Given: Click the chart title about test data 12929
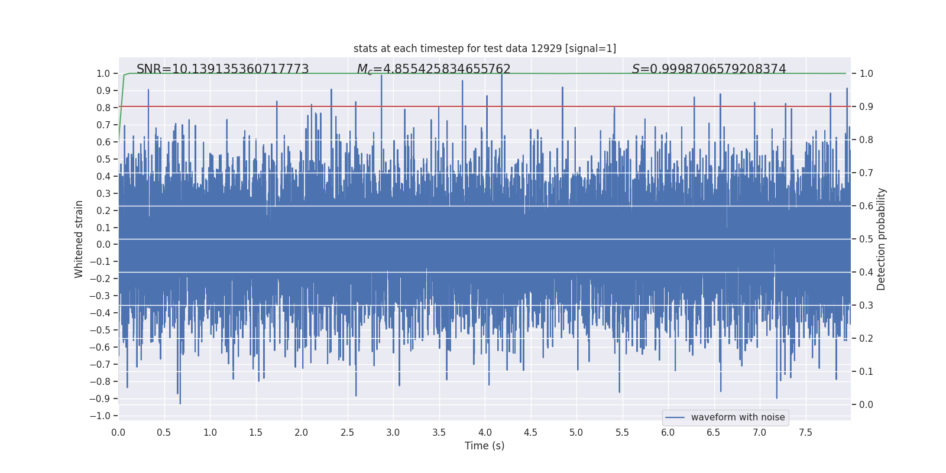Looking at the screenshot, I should pos(485,48).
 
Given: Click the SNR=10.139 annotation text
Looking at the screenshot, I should pos(222,69).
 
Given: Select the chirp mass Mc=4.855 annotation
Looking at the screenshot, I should pos(433,69).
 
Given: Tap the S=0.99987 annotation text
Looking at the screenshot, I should pos(709,69).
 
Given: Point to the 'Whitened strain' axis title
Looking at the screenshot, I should pos(79,239).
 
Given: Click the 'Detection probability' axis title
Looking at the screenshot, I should pos(882,239).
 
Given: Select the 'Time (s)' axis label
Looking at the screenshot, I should pos(484,446).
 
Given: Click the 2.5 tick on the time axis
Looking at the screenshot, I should pos(347,432).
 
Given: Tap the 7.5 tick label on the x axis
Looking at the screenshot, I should pos(805,432).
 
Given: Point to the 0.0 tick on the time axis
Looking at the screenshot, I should pos(118,432).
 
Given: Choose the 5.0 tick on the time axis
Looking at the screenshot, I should pos(576,432).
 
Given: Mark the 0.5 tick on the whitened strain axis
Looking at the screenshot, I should pos(103,159).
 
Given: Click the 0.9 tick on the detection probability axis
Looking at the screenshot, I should pos(866,107).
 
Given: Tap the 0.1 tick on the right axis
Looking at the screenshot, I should pos(866,372).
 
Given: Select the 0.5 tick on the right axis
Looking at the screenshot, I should pos(866,239).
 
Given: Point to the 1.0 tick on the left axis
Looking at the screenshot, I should pos(103,73).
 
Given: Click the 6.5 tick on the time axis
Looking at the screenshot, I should pos(714,432).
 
